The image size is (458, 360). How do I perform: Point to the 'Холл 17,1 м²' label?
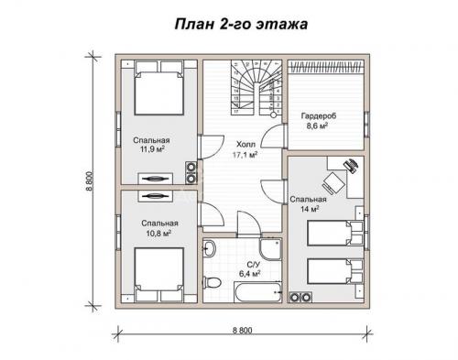coord(245,150)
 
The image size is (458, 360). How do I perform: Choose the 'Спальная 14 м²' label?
coord(307,203)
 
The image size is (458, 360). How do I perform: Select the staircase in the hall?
coord(254,90)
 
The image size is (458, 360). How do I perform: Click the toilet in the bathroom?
coord(213,281)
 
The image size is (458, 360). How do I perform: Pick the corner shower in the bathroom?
coord(270,249)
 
